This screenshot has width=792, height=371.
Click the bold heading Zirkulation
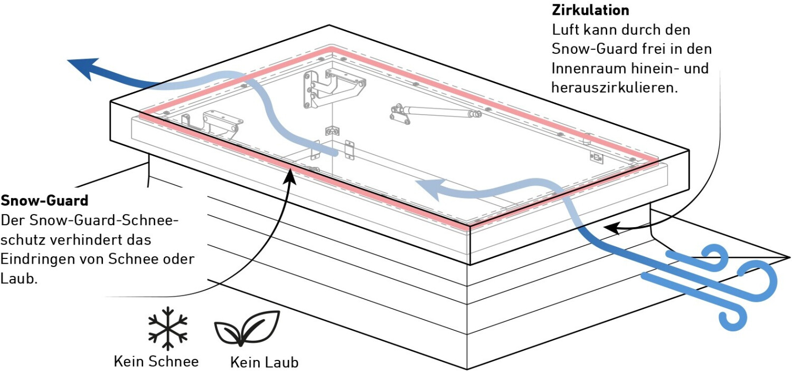point(590,10)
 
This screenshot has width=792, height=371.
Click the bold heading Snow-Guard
point(44,200)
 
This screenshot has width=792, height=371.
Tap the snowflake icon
point(167,328)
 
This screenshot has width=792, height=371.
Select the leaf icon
point(247,329)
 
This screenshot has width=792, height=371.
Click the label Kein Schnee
point(156,361)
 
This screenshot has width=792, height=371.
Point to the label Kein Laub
point(265,362)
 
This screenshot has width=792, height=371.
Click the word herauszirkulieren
point(615,87)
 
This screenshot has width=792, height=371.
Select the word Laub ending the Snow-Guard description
point(19,278)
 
